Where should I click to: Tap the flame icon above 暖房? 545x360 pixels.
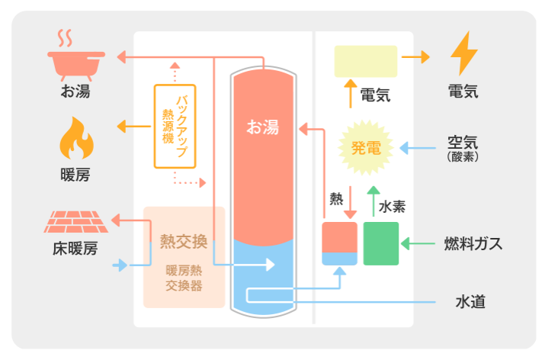click(75, 138)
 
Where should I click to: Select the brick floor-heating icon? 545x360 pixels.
click(75, 221)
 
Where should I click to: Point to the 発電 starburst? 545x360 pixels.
click(365, 147)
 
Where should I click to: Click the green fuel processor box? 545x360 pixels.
click(381, 243)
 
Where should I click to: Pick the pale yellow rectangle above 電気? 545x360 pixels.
click(365, 61)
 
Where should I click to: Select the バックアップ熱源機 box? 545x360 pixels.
click(175, 126)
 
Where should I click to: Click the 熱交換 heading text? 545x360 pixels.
click(184, 241)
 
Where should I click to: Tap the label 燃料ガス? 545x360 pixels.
click(473, 244)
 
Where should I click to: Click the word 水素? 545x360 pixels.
click(393, 206)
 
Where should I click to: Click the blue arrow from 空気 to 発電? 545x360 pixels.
click(417, 147)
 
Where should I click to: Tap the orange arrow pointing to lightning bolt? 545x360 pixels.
click(416, 57)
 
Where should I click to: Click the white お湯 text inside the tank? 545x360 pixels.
click(261, 128)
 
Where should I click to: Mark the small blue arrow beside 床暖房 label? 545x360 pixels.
click(120, 266)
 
